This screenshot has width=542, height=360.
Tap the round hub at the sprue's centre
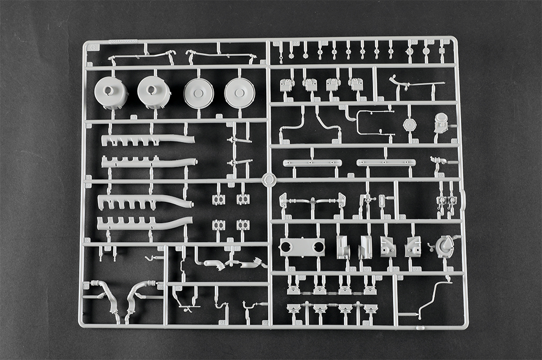click(269, 180)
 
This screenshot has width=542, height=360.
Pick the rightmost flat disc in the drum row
click(239, 94)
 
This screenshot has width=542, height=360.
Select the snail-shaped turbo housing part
click(444, 246)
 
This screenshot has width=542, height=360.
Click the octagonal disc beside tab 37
click(410, 124)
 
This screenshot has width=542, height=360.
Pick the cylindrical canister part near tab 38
click(440, 123)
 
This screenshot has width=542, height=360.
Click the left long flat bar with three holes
click(312, 163)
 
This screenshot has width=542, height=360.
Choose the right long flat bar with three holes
click(385, 162)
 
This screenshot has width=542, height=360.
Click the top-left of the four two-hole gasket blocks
click(219, 200)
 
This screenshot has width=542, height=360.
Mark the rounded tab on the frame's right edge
click(464, 200)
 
